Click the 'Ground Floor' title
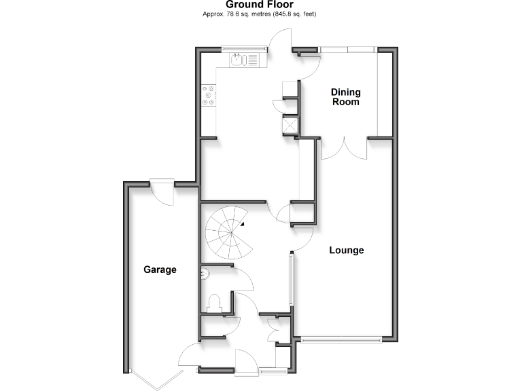[260, 5]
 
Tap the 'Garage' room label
[160, 269]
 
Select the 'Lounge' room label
[347, 250]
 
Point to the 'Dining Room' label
[345, 97]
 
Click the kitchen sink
[239, 60]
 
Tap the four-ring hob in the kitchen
[209, 95]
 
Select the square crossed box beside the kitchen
[290, 125]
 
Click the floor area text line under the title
[260, 14]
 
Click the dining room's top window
[347, 49]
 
